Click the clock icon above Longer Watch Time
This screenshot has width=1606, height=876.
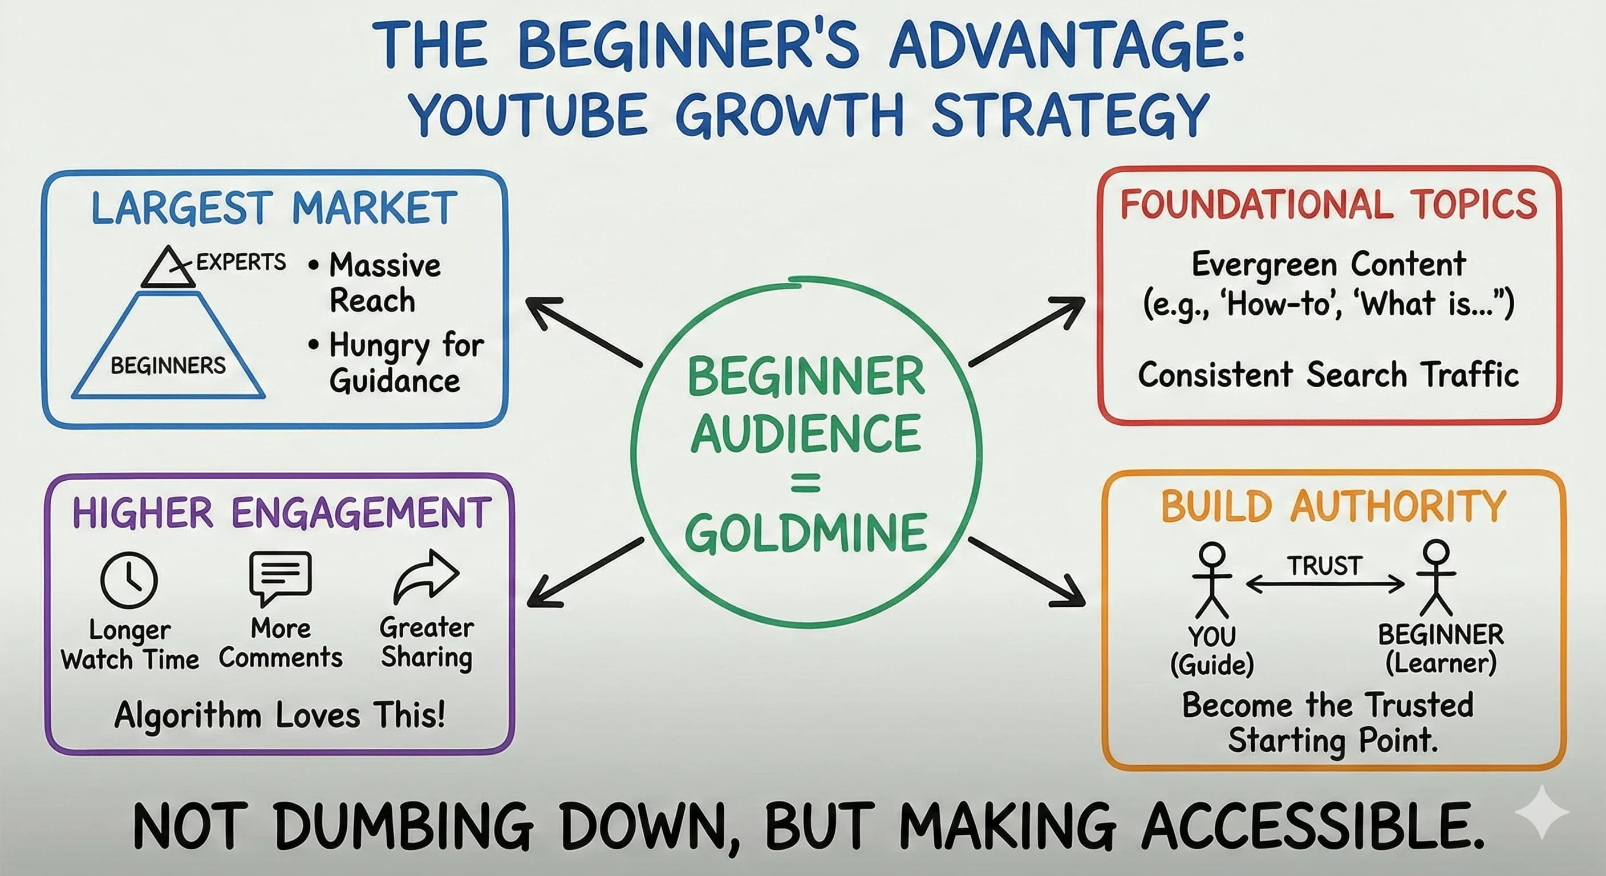point(128,580)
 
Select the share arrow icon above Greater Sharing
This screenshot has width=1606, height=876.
point(427,576)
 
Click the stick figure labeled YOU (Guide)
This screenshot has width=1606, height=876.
point(1211,580)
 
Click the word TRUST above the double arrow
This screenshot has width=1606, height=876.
point(1324,566)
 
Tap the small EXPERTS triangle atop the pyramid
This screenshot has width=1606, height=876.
point(167,269)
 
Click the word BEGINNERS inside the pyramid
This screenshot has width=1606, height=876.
point(168,366)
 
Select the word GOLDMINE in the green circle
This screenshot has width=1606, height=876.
point(806,533)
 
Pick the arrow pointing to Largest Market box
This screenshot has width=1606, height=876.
point(582,330)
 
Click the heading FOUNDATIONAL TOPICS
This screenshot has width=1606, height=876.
point(1329,205)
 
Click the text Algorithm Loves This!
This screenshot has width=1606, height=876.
point(280,715)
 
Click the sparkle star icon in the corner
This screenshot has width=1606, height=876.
point(1541,812)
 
